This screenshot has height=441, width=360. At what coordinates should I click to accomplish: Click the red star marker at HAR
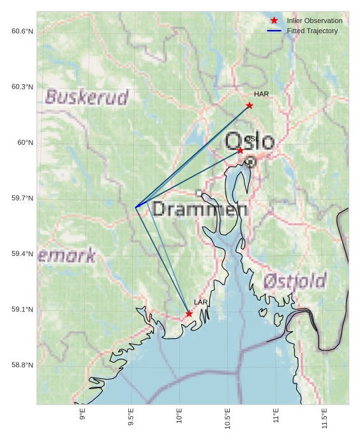tap(250, 105)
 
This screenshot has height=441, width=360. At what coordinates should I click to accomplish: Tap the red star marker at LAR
tap(189, 313)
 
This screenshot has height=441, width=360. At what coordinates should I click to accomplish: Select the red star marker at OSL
tap(240, 150)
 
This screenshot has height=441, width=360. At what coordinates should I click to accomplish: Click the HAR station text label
tap(261, 94)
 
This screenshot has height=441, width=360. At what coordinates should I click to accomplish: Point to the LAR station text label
tap(201, 302)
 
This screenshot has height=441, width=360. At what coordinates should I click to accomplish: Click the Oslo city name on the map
tap(250, 141)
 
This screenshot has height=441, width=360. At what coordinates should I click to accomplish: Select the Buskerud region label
tap(87, 97)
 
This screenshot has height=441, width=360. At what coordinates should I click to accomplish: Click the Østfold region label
tap(294, 280)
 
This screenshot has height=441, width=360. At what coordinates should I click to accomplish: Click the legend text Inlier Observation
tap(314, 20)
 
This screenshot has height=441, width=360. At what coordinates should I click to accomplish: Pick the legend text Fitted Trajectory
tap(312, 31)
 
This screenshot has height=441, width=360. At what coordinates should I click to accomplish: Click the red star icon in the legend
tap(274, 20)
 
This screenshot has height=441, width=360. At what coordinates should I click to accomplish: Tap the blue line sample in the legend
tap(274, 31)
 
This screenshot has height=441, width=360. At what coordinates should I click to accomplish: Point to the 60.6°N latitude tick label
tap(22, 31)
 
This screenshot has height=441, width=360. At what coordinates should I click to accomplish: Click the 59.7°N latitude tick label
tap(22, 198)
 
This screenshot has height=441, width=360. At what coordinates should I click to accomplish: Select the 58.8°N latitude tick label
tap(22, 365)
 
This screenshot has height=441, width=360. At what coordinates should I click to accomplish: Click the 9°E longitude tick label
tap(82, 415)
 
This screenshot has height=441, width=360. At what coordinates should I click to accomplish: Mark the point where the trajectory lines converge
tap(136, 206)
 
